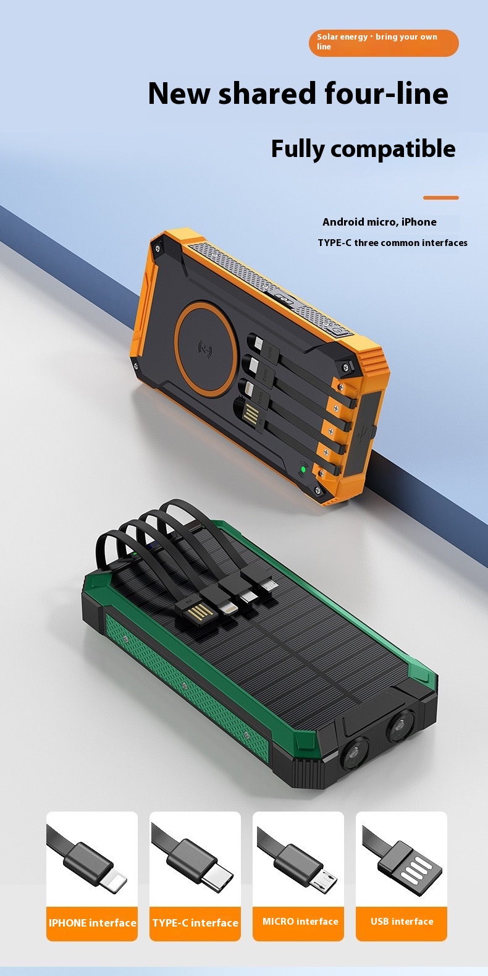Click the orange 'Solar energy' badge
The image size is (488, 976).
[x=384, y=43]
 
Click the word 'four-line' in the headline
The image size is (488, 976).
[x=386, y=94]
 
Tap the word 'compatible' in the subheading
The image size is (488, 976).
[x=393, y=149]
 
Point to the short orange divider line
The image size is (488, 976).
[x=440, y=198]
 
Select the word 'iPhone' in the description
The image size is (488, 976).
[x=419, y=223]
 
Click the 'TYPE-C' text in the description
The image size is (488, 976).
[x=334, y=243]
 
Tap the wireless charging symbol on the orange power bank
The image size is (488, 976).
[x=206, y=347]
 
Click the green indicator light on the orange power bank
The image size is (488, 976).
[x=303, y=470]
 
